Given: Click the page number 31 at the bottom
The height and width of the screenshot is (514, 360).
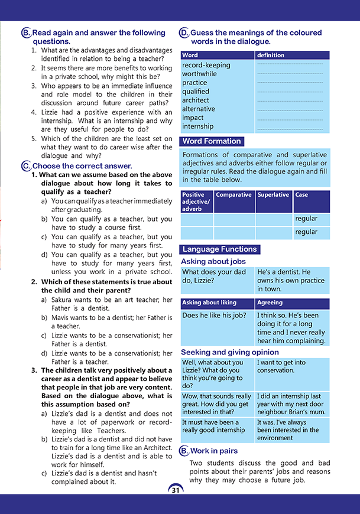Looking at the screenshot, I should [176, 490].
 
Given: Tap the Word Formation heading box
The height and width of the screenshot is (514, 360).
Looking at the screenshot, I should [212, 141].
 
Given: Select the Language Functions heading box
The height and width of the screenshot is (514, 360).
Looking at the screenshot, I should [219, 249].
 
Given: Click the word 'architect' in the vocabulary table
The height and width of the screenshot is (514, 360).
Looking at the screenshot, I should [196, 100].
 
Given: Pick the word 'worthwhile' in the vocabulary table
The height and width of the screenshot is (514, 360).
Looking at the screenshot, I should [199, 74].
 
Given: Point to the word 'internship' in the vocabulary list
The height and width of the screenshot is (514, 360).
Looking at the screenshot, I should [197, 126].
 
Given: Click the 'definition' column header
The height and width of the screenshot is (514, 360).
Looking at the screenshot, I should [271, 55].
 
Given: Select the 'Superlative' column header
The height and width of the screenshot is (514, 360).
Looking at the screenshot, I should [273, 194].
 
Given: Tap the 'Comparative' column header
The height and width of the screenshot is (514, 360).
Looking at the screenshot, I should [233, 194].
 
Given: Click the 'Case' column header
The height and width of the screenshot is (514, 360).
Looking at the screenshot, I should [301, 194].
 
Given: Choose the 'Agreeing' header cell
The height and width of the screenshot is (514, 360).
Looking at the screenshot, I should [270, 302].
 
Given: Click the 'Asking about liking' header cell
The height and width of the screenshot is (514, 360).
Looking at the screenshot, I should [209, 302].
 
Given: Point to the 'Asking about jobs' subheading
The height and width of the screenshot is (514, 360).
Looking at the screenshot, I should [213, 261].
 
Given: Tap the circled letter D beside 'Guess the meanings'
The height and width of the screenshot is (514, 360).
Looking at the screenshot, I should [184, 33].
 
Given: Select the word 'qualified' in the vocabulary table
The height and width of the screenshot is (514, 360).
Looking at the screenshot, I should [196, 92].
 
